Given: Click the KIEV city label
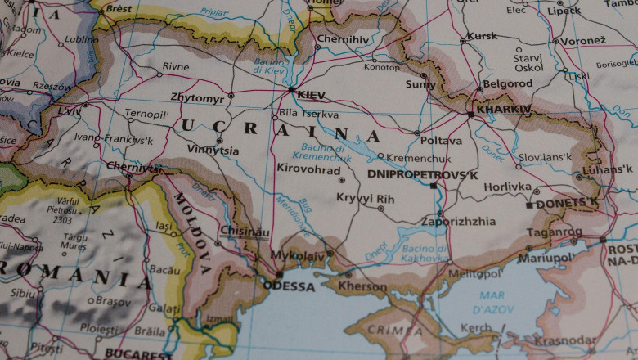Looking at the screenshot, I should pos(312,96).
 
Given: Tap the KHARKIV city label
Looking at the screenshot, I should pos(504,109).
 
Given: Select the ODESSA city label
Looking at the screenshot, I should pos(289,287).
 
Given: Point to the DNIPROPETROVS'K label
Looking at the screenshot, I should pos(422,174).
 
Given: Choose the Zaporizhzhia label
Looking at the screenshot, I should pos(458,221).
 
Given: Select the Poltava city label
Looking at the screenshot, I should pos(441,141).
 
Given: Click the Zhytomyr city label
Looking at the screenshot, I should pos(196,97).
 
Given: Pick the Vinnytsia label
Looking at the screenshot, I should pos(213,151).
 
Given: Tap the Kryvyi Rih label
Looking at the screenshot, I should pos(365,198).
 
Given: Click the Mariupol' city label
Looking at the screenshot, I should pos(546,258).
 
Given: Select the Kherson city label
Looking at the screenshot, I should pos(362,287).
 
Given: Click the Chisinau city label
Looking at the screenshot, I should pos(245,232).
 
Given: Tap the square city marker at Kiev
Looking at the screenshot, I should pos(291,90).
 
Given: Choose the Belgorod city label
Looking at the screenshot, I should pos(507,83).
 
